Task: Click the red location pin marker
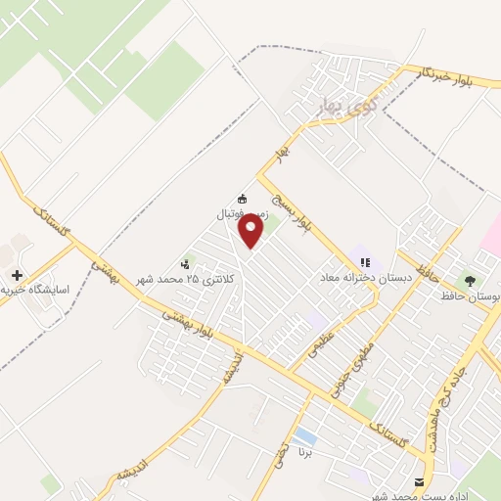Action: pyautogui.click(x=252, y=231)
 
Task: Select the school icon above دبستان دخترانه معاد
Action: pyautogui.click(x=365, y=261)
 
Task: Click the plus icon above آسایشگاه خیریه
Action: pyautogui.click(x=15, y=275)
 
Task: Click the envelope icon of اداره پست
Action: pyautogui.click(x=420, y=482)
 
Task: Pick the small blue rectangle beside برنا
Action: pyautogui.click(x=305, y=435)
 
